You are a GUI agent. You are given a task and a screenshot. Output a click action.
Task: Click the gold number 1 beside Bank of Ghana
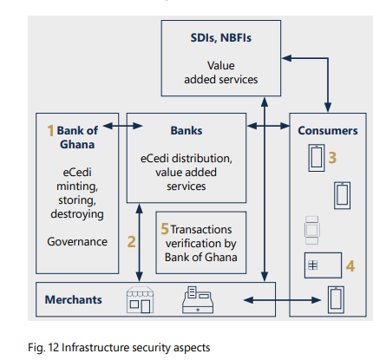coord(50,130)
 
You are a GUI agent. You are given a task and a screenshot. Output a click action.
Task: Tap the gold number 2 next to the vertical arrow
coord(131,241)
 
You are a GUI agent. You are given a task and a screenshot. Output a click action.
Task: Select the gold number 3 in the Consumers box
coord(332,158)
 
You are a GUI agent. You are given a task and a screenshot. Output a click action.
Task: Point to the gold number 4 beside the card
coord(350,266)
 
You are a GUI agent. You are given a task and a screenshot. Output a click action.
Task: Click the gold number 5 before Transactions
coord(165,229)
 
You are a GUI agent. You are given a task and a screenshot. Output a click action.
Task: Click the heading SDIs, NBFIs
coord(221,38)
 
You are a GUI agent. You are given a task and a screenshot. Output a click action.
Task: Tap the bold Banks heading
coord(186,130)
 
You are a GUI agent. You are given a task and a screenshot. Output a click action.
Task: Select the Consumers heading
coord(328,130)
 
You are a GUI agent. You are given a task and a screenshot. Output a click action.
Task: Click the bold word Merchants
coord(74,299)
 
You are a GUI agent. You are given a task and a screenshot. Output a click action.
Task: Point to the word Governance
coord(77,241)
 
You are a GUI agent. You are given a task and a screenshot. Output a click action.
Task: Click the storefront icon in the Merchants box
coord(140,300)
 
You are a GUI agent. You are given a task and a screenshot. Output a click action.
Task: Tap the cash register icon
coord(198,300)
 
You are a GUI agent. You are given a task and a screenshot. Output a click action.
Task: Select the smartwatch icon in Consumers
coord(312,231)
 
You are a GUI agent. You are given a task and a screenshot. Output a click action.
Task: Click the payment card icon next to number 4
coord(323,265)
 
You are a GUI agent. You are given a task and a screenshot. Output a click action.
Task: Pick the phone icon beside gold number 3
coord(317,158)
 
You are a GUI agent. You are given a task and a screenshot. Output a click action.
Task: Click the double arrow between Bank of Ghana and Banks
coord(122,126)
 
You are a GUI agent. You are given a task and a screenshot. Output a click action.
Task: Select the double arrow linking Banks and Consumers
coord(268,126)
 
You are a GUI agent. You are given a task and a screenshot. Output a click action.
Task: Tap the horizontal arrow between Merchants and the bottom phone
coord(282,300)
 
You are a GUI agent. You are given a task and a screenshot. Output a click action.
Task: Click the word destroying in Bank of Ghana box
coord(77,214)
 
